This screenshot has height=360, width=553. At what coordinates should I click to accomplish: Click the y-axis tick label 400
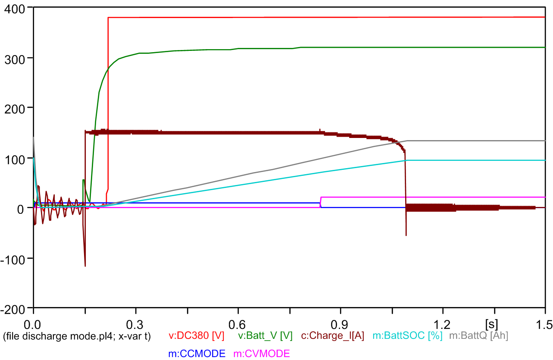(15, 8)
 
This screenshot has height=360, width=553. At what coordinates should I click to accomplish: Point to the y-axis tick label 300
(15, 58)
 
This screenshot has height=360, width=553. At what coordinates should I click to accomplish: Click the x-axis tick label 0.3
(135, 323)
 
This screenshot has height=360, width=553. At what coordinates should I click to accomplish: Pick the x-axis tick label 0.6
(238, 323)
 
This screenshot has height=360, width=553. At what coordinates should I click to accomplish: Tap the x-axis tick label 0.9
(341, 323)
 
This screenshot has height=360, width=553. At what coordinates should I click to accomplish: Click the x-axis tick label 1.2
(443, 323)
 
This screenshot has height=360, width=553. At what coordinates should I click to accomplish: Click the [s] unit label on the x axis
(493, 323)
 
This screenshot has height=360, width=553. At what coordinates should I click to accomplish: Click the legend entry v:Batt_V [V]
(265, 336)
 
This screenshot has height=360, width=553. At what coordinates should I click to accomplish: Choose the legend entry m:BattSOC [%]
(407, 336)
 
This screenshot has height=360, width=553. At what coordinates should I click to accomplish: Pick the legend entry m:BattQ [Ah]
(478, 336)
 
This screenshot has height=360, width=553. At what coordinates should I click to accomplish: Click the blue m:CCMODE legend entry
(197, 354)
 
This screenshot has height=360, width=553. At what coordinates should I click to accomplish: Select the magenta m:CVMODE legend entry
(261, 354)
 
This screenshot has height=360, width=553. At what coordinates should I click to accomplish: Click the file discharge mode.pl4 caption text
(77, 336)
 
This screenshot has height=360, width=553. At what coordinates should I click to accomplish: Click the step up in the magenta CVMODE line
(321, 202)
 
